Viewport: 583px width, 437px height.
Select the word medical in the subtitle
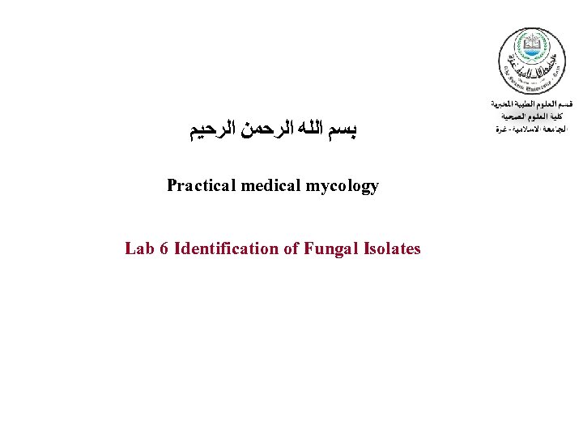(269, 186)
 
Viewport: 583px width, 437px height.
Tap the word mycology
(343, 186)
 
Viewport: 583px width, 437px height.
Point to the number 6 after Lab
(164, 248)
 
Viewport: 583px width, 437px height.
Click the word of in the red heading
(291, 248)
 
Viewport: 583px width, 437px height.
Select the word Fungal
(330, 248)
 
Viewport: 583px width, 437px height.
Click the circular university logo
(531, 61)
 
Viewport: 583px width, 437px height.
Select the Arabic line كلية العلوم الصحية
(532, 117)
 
